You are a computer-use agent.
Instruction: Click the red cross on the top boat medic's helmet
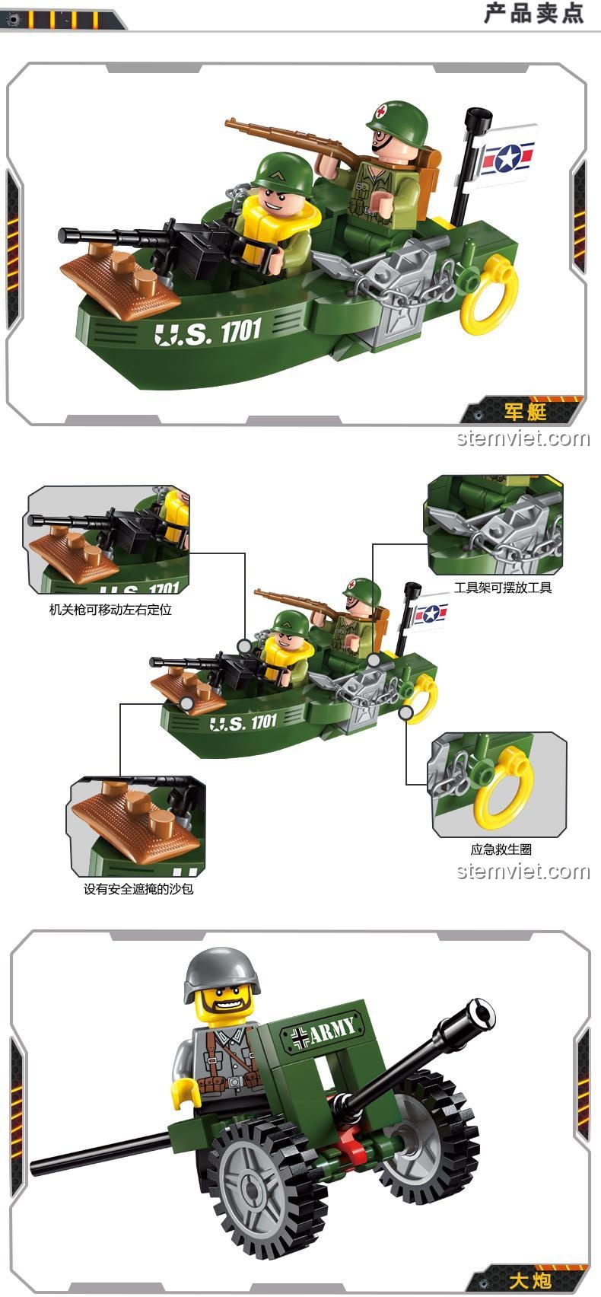[x=381, y=111]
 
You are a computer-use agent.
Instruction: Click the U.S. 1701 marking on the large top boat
[x=208, y=332]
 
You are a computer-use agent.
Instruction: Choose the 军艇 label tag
[x=525, y=412]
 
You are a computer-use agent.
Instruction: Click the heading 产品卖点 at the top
[x=533, y=13]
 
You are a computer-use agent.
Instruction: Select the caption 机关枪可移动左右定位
[x=110, y=609]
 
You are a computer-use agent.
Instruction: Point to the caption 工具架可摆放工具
[x=503, y=588]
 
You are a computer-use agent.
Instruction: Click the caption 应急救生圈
[x=501, y=849]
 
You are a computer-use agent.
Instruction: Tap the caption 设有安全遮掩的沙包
[x=138, y=889]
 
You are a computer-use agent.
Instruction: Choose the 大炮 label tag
[x=529, y=1279]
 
